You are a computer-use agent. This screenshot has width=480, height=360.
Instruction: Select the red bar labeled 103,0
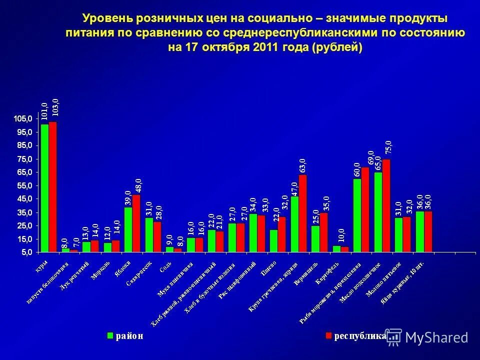(52, 187)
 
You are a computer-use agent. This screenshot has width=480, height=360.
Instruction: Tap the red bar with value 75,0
(386, 205)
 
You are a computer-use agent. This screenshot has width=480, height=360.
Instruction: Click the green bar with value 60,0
(357, 215)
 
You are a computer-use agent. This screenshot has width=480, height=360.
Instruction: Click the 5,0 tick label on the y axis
(26, 252)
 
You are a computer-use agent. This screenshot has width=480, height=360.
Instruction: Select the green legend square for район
(109, 335)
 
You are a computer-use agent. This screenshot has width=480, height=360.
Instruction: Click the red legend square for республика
(328, 335)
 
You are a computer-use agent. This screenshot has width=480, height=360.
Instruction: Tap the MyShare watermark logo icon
(393, 336)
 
